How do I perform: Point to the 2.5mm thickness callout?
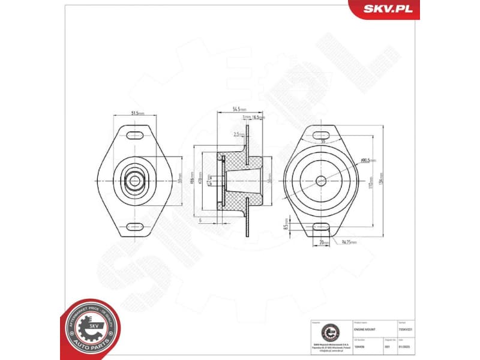pos(238,134)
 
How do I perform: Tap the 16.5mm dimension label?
pos(259,118)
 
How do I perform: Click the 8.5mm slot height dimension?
pos(287,227)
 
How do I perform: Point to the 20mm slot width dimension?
pos(322,242)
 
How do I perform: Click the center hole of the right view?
pos(322,180)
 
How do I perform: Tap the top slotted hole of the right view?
pos(322,133)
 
